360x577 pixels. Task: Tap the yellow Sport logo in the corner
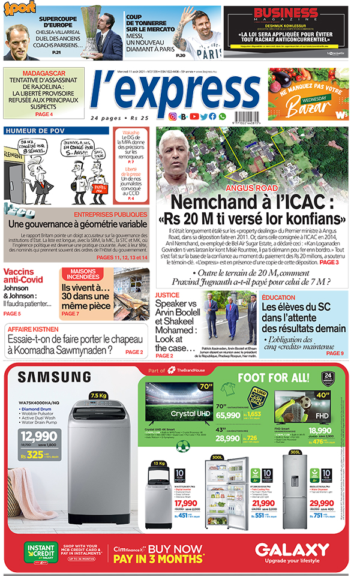pos(18,8)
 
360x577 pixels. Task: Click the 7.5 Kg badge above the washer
pos(98,396)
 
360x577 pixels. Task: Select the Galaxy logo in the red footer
pos(292,550)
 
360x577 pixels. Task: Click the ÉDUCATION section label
pos(278,297)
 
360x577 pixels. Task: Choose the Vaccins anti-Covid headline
pos(23,275)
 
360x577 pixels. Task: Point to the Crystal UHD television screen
pos(173,408)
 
